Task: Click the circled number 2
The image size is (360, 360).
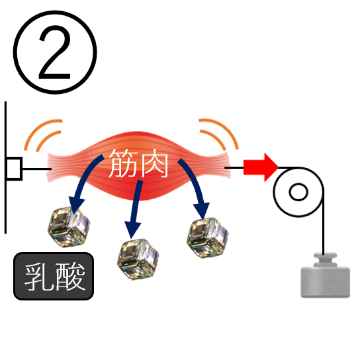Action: [x=55, y=52]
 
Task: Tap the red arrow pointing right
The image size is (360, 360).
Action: [x=261, y=167]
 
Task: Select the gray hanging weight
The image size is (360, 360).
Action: [x=325, y=275]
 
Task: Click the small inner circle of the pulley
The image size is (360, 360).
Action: [x=298, y=192]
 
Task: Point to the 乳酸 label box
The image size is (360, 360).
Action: [x=54, y=276]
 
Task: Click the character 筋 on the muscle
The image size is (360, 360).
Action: [x=123, y=163]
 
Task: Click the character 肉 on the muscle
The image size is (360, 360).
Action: [x=154, y=163]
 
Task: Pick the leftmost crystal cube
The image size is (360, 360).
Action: [x=69, y=227]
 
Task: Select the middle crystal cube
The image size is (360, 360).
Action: [x=138, y=259]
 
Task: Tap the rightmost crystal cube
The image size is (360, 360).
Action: [x=208, y=238]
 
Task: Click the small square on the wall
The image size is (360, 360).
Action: [x=14, y=169]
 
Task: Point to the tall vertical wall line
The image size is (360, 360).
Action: [x=5, y=167]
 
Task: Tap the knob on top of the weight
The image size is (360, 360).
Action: [x=325, y=259]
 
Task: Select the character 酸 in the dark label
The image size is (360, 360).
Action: [x=70, y=277]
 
